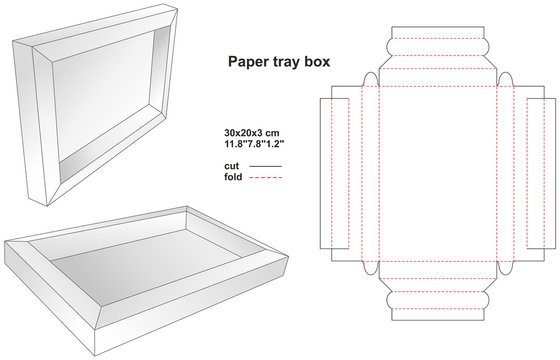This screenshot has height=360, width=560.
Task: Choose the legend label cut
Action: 233,165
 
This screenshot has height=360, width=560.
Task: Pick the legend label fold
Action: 234,176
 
